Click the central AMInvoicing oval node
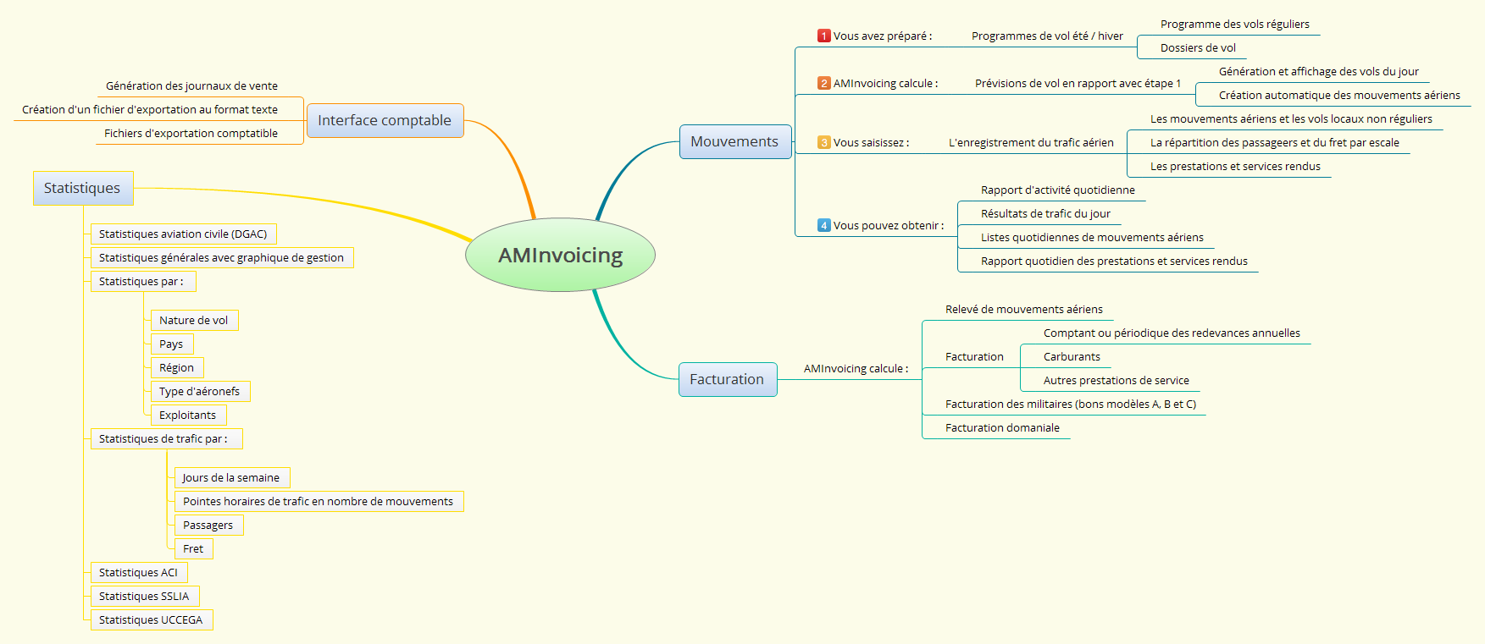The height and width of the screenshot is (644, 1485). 560,255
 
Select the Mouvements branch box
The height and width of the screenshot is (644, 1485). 734,141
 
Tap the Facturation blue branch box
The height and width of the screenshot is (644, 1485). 727,379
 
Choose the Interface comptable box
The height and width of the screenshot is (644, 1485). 385,120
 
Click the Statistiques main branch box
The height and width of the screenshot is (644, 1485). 82,188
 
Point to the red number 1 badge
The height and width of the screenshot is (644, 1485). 823,36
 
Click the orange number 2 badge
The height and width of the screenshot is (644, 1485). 823,83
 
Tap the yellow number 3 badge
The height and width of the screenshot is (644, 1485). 823,142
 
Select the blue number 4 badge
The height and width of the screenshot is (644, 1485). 823,225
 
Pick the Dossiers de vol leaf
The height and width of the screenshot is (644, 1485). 1198,48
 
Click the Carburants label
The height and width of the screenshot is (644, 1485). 1072,357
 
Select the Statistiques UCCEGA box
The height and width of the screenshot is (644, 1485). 151,620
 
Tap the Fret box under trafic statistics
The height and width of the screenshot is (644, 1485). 193,549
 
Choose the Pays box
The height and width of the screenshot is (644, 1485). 171,344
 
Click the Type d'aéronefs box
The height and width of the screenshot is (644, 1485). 199,392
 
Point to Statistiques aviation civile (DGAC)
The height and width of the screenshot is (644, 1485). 183,234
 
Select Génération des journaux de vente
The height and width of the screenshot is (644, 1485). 191,86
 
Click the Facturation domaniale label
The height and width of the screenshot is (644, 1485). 1002,428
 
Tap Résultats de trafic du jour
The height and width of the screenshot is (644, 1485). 1045,214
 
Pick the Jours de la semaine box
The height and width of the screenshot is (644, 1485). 231,478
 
